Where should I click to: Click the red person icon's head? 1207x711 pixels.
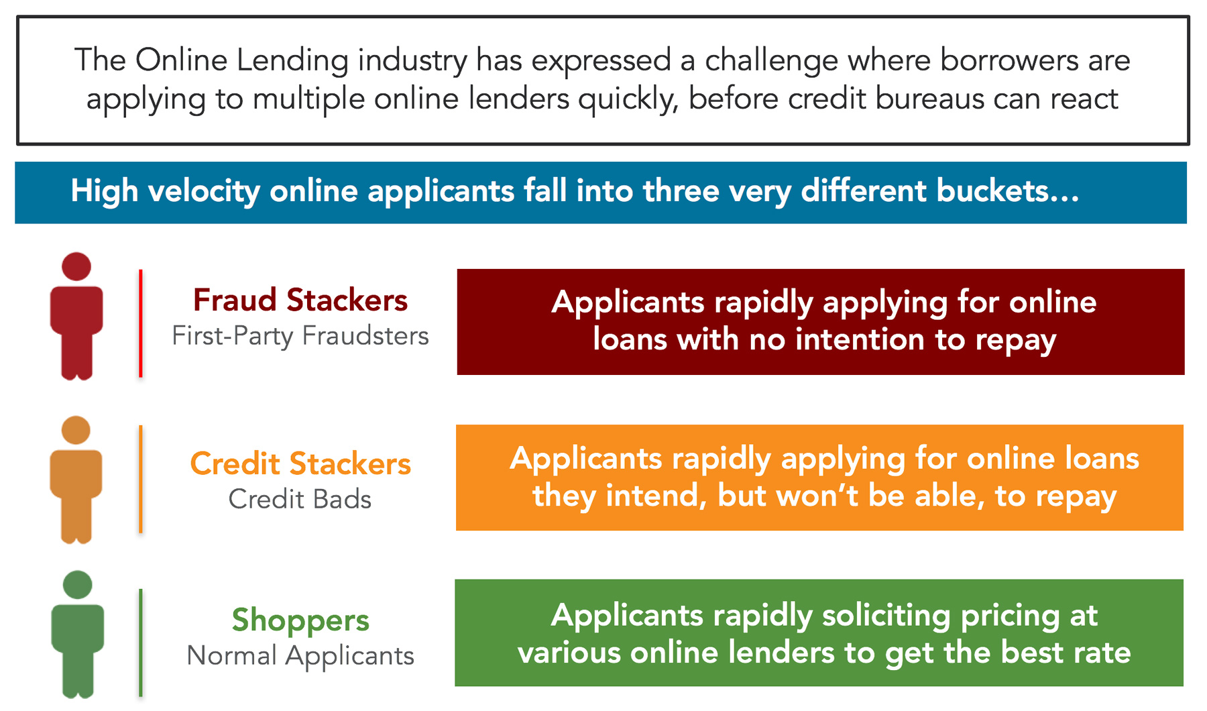(x=76, y=266)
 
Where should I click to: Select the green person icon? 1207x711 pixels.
(x=78, y=635)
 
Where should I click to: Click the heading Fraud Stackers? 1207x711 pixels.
(x=300, y=300)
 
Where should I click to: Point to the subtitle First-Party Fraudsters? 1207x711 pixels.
(x=300, y=335)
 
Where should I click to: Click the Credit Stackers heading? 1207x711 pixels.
(x=300, y=463)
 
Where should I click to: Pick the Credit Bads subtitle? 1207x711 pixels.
(x=300, y=499)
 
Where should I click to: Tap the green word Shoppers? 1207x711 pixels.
(x=300, y=620)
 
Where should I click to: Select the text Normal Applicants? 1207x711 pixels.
(x=300, y=655)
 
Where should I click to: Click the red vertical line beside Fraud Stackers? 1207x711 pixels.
(x=140, y=323)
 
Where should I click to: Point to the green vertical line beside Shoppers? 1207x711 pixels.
(x=140, y=642)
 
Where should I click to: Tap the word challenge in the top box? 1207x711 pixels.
(x=771, y=60)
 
